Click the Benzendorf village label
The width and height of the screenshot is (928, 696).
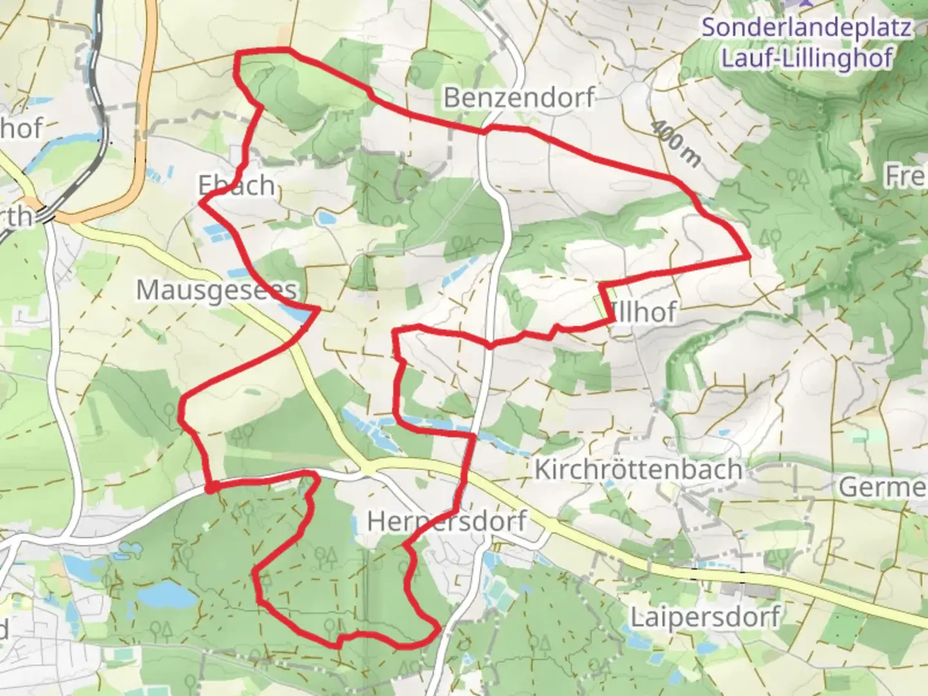point(518,98)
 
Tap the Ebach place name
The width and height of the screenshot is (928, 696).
point(237,186)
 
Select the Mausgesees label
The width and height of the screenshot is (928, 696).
point(217,290)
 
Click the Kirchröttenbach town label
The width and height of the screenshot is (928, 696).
point(638,469)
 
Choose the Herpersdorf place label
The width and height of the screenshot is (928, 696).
point(447,521)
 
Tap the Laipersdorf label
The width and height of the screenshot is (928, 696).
point(704,617)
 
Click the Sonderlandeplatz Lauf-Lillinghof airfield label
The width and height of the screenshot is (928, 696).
point(807,43)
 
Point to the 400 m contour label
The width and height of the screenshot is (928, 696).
point(675,144)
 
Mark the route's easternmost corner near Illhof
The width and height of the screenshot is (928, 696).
point(749,257)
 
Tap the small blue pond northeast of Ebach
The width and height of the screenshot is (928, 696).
point(325,218)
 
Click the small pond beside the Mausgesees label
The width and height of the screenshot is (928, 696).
point(294,314)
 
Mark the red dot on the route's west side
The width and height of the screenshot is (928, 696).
point(209,488)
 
